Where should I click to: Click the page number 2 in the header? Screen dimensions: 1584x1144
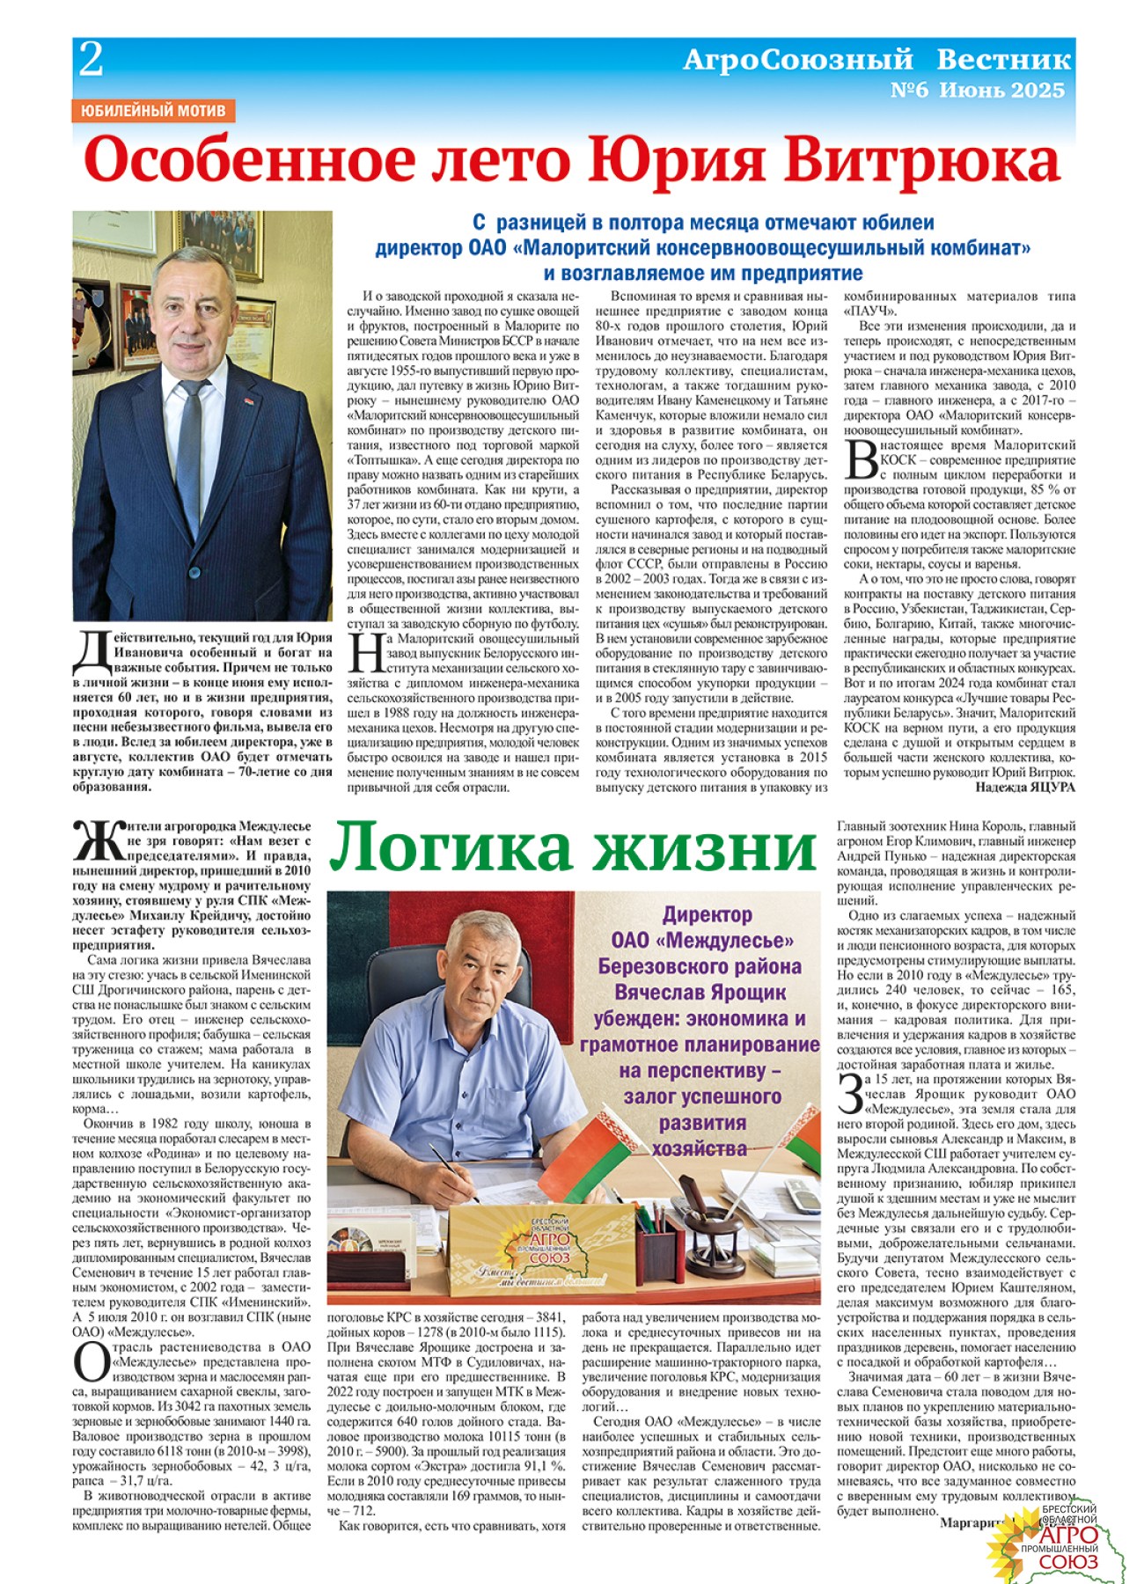(92, 61)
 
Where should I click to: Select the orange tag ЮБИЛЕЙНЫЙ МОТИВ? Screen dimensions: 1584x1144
(153, 111)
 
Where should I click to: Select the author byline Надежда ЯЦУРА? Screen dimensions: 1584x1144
(1025, 787)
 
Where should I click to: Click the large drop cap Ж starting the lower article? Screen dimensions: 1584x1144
(99, 842)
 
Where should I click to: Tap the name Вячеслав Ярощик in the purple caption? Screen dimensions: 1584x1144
(700, 993)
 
